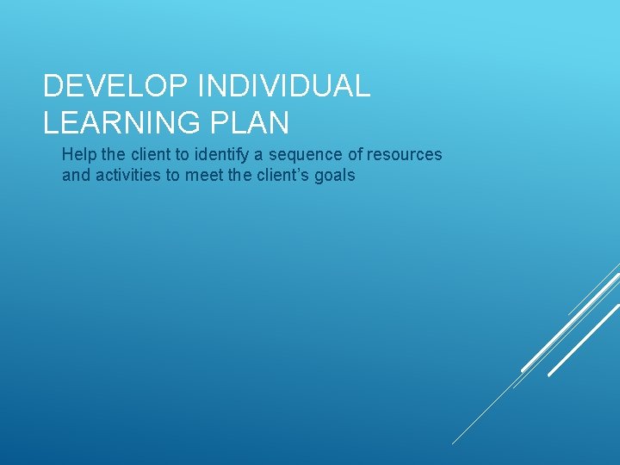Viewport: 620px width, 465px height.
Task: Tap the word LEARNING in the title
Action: (115, 122)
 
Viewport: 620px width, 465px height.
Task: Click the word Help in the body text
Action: (77, 155)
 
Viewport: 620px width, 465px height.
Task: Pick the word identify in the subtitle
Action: (220, 155)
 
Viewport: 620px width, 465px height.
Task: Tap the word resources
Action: (405, 155)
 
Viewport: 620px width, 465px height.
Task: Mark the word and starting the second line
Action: (75, 176)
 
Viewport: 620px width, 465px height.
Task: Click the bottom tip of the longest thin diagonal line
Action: (453, 443)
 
